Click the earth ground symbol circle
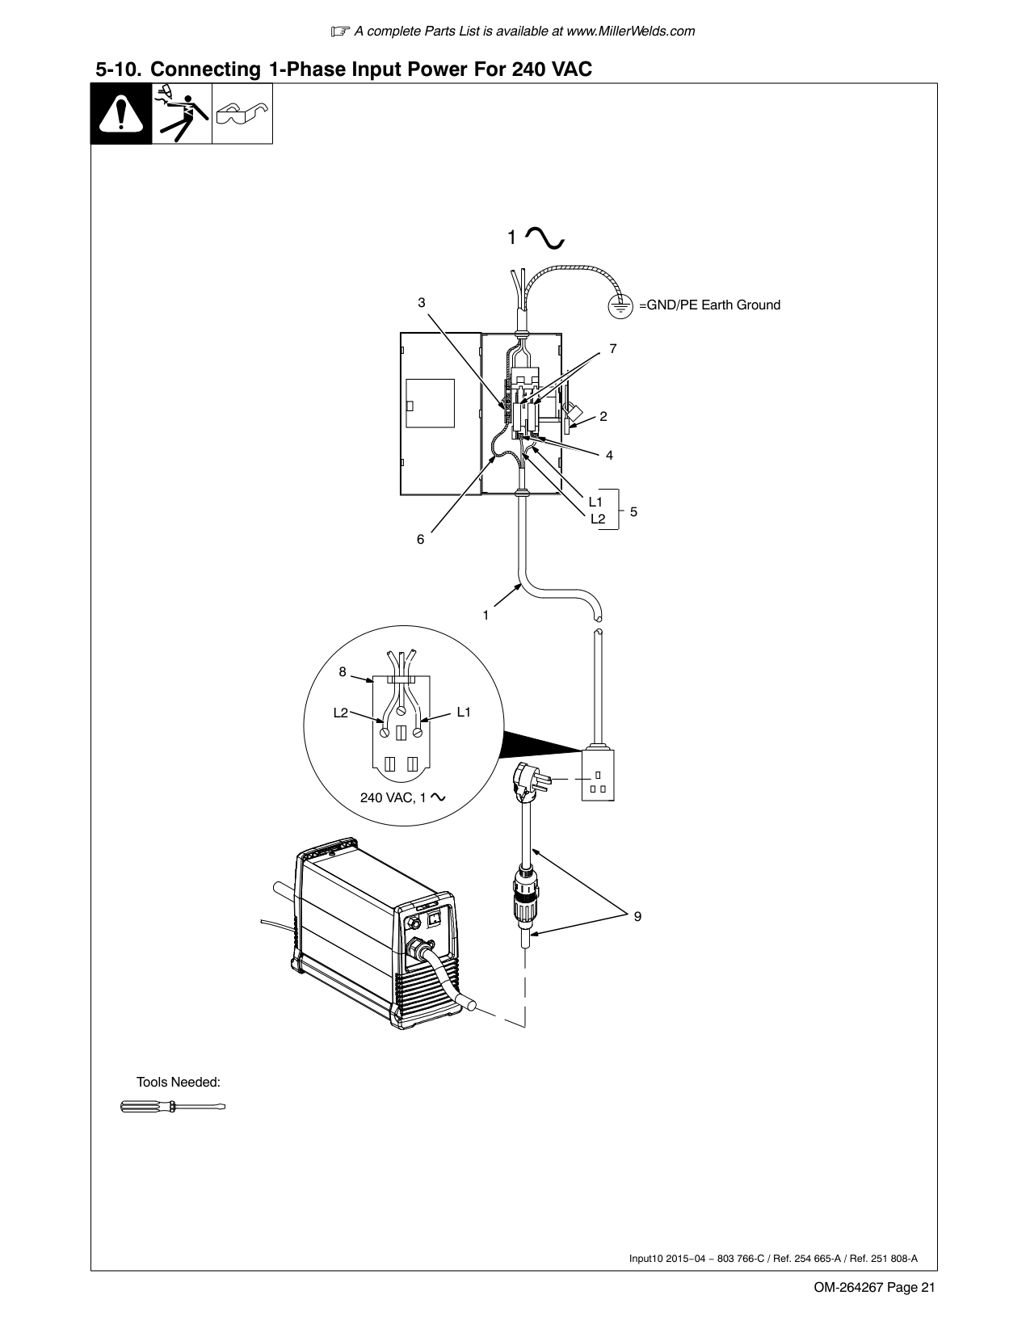[620, 305]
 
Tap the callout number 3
[422, 302]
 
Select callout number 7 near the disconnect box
[613, 348]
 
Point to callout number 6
[420, 539]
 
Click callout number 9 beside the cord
[637, 916]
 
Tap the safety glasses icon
[242, 114]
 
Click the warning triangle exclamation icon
[121, 114]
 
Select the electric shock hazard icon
[182, 114]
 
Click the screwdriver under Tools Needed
[173, 1108]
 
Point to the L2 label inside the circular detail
[340, 713]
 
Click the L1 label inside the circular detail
[464, 712]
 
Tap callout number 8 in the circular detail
[343, 671]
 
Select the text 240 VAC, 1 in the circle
[393, 797]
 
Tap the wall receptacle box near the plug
[598, 775]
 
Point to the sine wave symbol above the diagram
[544, 238]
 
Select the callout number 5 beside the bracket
[633, 511]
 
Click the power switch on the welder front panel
[435, 919]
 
